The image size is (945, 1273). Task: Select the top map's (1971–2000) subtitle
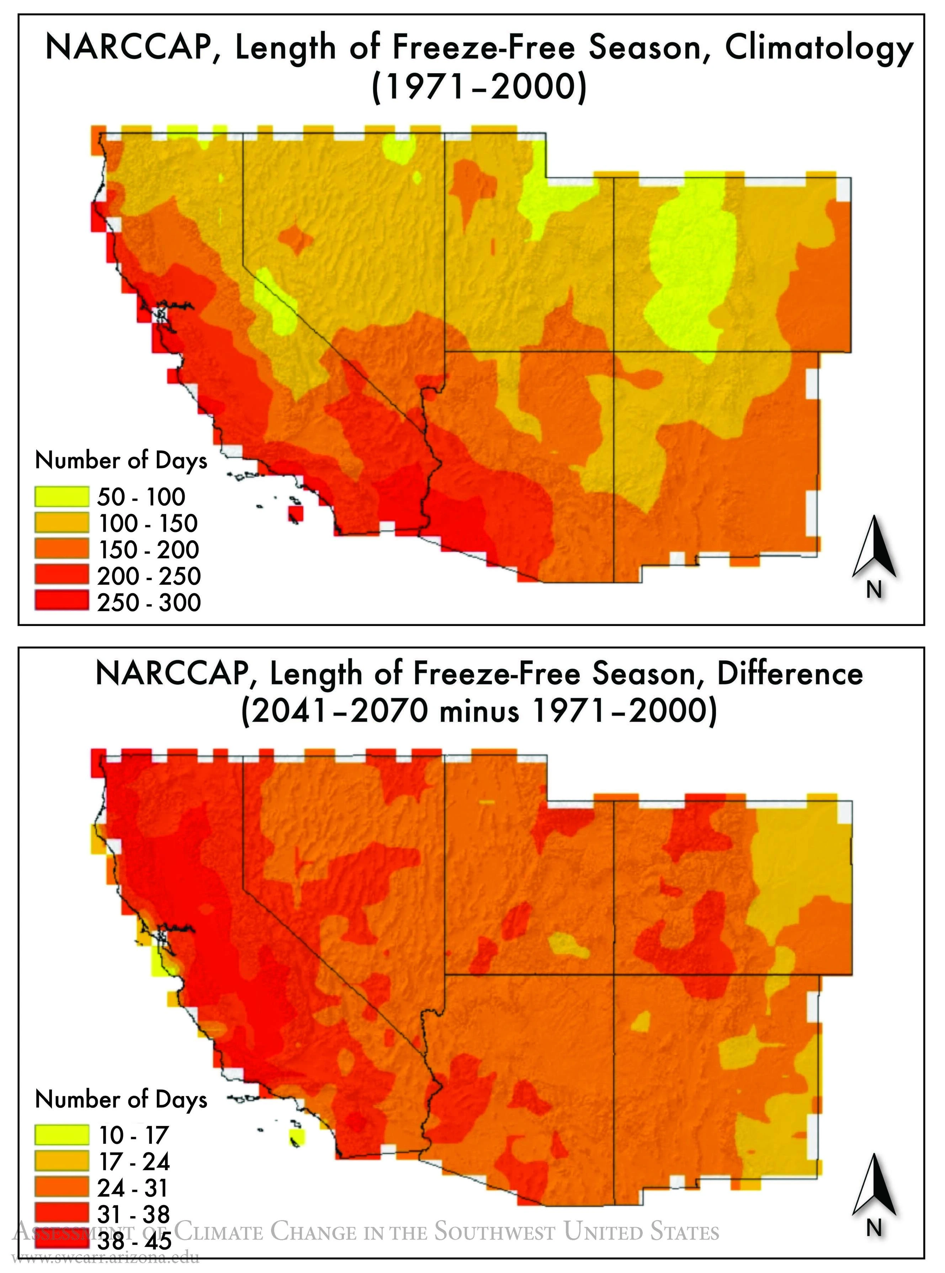479,89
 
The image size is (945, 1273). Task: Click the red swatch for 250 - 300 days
62,601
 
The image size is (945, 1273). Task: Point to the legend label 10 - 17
133,1135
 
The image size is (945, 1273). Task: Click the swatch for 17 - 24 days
62,1161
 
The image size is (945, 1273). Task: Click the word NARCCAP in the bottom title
170,674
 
